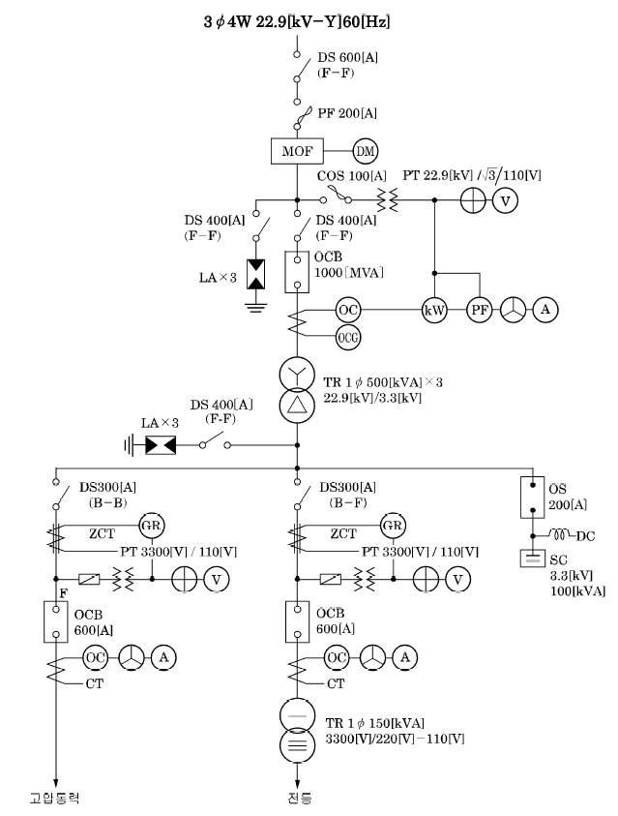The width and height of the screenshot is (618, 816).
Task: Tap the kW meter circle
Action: (434, 310)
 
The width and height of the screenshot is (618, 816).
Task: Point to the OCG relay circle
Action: (348, 337)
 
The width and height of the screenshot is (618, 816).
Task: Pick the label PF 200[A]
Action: (347, 113)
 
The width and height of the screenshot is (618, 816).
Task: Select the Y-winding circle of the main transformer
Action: (297, 374)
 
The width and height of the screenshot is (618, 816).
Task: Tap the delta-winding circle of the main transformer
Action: (297, 406)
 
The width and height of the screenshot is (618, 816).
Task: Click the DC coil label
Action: (585, 536)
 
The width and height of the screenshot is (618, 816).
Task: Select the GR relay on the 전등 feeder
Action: (393, 526)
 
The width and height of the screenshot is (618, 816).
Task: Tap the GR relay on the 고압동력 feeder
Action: (151, 526)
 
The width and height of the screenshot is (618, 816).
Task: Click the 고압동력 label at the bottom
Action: (54, 798)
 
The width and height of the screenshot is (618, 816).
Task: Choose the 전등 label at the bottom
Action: (300, 798)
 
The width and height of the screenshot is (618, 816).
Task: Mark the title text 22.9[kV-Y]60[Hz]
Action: (322, 21)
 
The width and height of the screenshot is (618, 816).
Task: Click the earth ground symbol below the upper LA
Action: (255, 306)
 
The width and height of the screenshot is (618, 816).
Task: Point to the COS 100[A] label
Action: (352, 176)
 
